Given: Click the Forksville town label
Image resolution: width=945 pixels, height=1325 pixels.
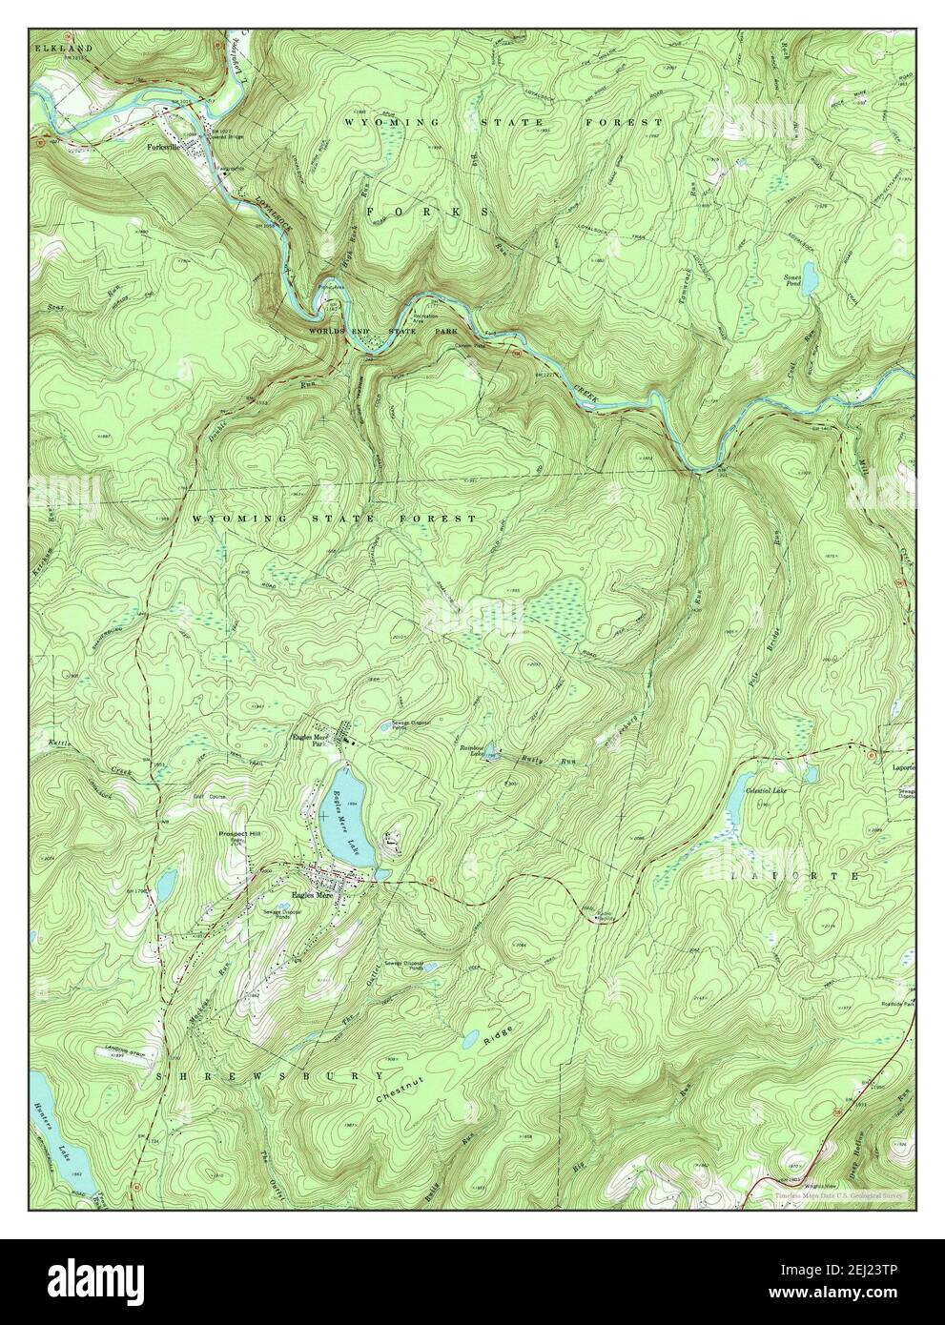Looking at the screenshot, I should click(x=164, y=149).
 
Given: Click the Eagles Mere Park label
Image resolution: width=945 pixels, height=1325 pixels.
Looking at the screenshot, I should click(x=313, y=740).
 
